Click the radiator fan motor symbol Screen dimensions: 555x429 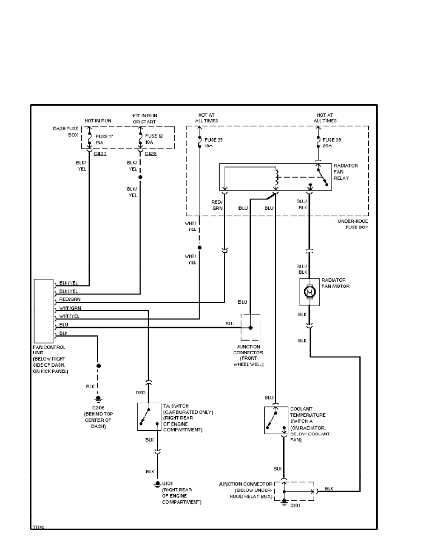[x=309, y=292]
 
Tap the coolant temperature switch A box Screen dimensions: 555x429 [x=276, y=420]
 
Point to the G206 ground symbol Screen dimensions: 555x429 [x=98, y=398]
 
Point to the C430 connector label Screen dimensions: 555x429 [x=100, y=153]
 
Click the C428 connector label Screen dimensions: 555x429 [x=151, y=153]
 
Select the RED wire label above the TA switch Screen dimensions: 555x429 [x=140, y=393]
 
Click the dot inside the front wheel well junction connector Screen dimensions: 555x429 [x=250, y=327]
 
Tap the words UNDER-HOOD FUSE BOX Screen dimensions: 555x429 [x=353, y=224]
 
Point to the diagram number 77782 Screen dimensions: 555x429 [x=38, y=527]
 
